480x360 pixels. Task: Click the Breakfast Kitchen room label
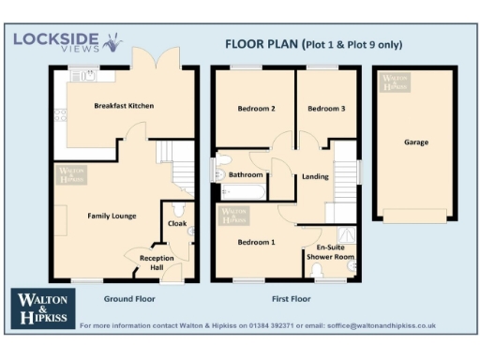pos(124,106)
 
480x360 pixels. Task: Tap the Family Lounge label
pos(112,216)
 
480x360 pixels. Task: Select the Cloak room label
pos(176,224)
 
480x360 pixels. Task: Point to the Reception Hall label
pos(157,261)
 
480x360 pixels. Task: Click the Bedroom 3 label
pos(326,109)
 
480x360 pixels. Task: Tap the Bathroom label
pos(246,174)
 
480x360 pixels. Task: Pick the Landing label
pos(314,176)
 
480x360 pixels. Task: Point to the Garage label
pos(416,142)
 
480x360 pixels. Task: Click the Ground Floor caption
pos(129,298)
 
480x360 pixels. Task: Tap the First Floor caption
pos(291,298)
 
